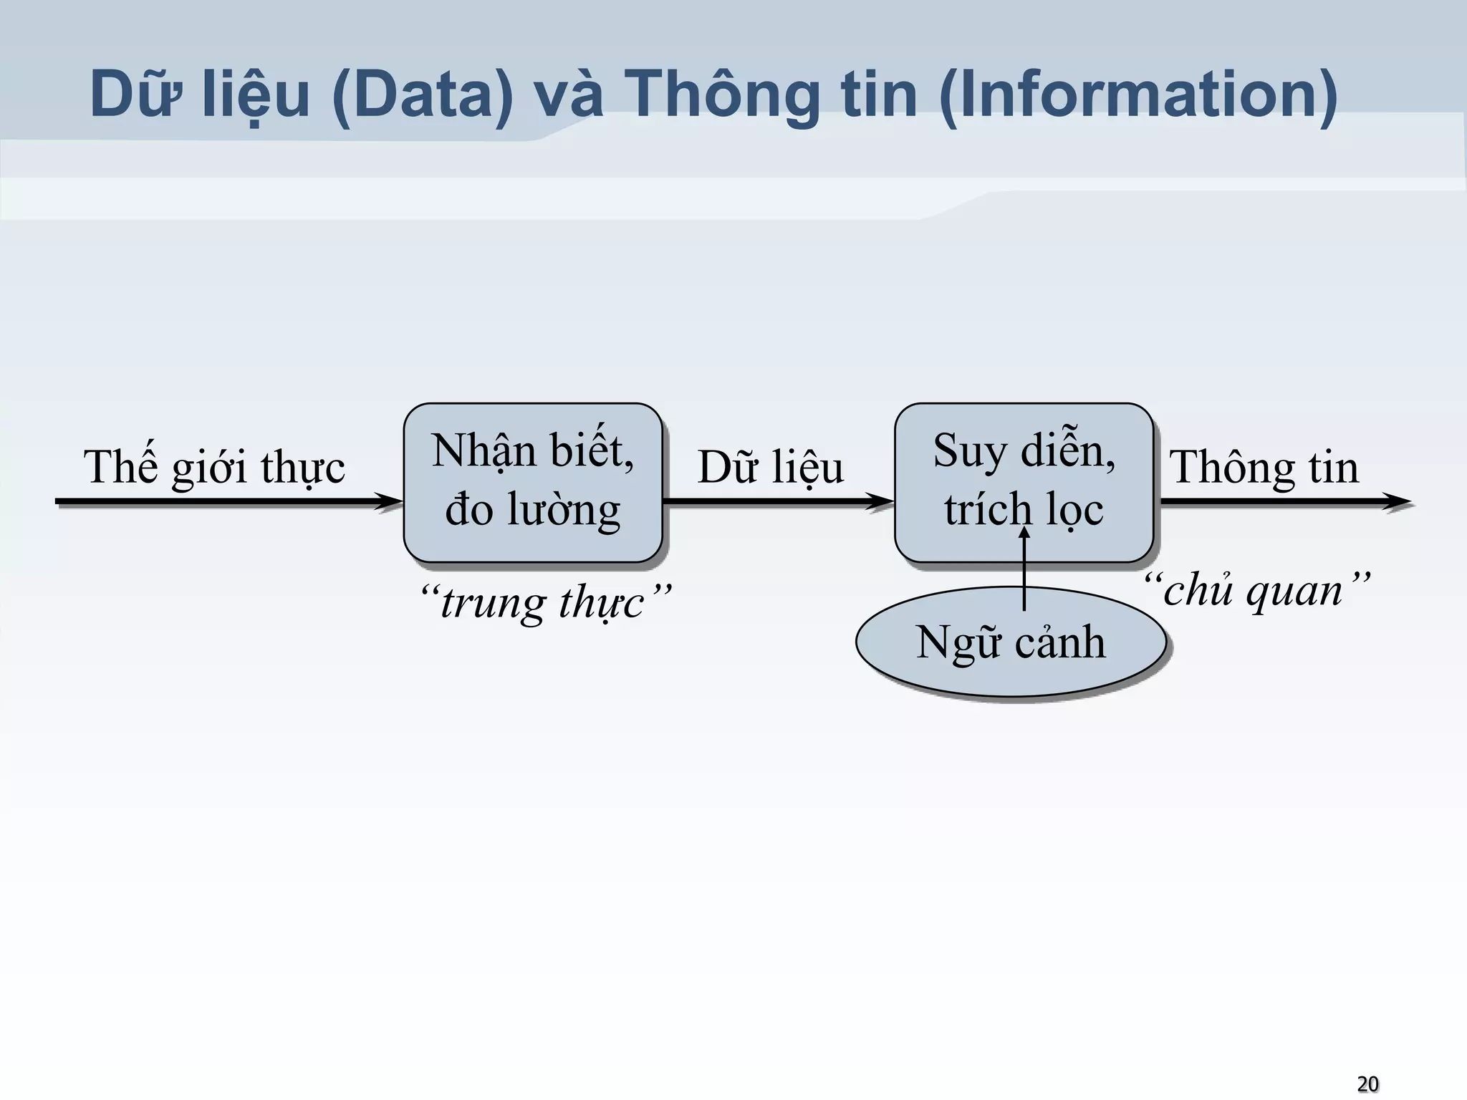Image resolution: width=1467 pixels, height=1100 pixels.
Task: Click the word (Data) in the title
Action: click(x=423, y=95)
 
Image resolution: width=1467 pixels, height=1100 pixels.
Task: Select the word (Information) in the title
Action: click(x=1137, y=95)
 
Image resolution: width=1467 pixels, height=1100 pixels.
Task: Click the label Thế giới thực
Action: click(x=214, y=468)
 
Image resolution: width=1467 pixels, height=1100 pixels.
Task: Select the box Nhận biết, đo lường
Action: click(x=532, y=482)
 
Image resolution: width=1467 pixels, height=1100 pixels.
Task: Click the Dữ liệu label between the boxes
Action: click(x=771, y=468)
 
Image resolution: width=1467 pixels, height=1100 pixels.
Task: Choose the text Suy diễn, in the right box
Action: click(x=1024, y=452)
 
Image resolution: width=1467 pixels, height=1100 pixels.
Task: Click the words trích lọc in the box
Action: click(x=1024, y=511)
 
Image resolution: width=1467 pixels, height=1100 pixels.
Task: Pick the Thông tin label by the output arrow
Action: click(x=1264, y=468)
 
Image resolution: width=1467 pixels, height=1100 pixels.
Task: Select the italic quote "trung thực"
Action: click(x=544, y=602)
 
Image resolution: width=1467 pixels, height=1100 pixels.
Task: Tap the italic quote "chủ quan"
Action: click(x=1255, y=591)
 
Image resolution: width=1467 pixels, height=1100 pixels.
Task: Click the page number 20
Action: click(x=1367, y=1084)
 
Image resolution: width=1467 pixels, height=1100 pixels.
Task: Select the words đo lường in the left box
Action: click(x=532, y=510)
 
